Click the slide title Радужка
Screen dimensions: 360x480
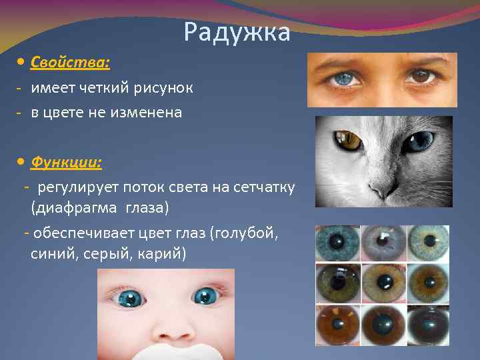tap(237, 32)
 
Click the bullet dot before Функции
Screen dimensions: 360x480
tap(21, 161)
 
